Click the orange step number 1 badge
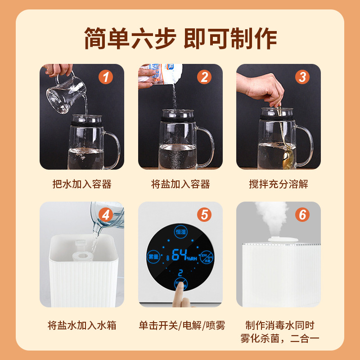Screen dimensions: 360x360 tap(106, 77)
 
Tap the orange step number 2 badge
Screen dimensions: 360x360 tap(204, 77)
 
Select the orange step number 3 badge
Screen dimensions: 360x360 tap(302, 77)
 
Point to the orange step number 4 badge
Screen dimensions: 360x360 tap(106, 215)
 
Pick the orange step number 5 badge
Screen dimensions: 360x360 tap(204, 215)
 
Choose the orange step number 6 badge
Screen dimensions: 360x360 tap(302, 215)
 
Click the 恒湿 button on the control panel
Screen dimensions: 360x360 tap(181, 231)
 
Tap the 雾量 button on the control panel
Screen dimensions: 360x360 tap(153, 256)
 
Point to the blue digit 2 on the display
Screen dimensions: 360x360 tap(180, 273)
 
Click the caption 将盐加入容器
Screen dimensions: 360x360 tap(180, 184)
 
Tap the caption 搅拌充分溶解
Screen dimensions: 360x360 tap(279, 184)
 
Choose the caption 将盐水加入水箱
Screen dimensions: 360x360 tap(82, 325)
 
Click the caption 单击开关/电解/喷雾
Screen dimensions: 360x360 tap(182, 325)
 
